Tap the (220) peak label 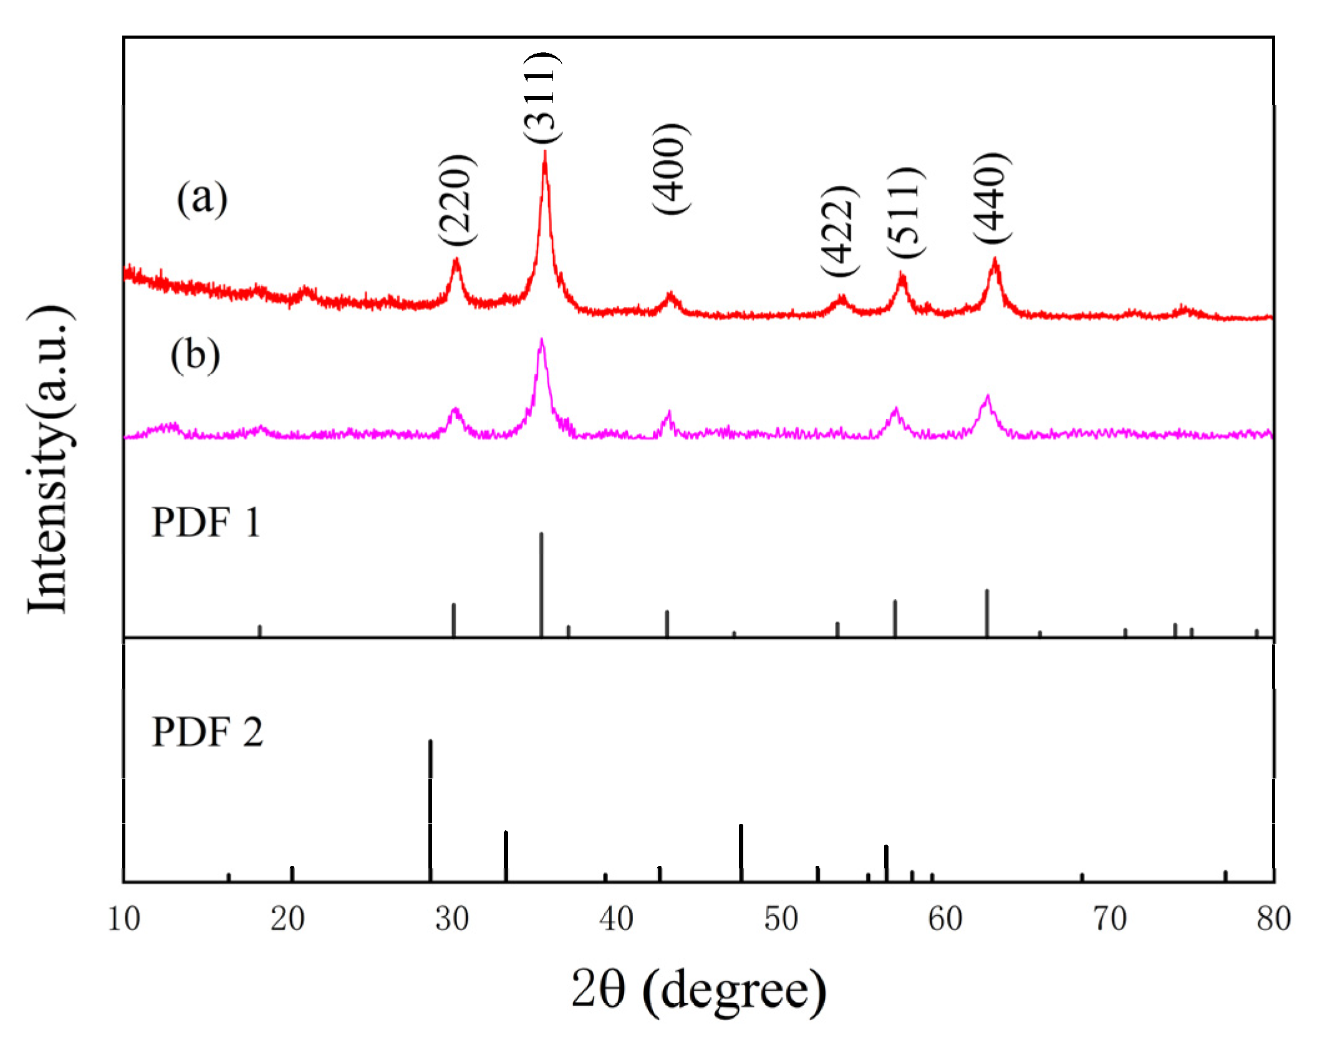[457, 200]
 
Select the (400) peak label [672, 169]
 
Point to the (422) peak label [839, 231]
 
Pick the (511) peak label [905, 212]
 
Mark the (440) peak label [992, 198]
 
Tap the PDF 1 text [206, 523]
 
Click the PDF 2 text [207, 732]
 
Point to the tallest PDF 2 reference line [430, 811]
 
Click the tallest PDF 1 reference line [541, 584]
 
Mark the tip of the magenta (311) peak [541, 340]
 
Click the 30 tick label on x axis [452, 919]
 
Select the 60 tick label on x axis [945, 919]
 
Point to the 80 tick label [1273, 919]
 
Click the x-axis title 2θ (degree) [699, 990]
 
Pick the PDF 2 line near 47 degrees [741, 853]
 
